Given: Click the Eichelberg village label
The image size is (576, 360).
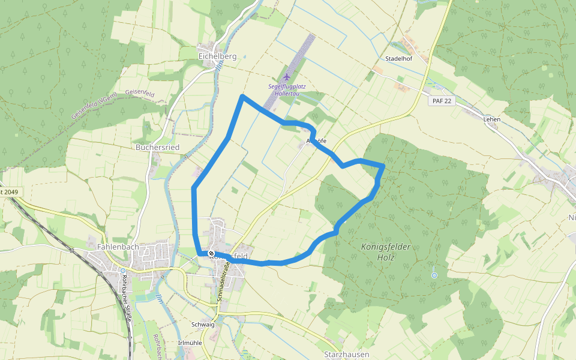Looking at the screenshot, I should tap(217, 56).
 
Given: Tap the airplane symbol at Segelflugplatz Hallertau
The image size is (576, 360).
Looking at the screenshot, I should tap(286, 76).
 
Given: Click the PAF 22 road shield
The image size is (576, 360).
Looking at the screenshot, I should tap(441, 101).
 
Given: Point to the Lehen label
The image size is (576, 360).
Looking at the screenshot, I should tap(491, 119).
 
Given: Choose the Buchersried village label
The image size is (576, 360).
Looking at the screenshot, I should tap(158, 147).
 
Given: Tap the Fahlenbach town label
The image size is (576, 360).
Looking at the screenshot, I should tap(118, 246).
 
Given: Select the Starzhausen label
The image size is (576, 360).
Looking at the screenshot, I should tap(346, 354).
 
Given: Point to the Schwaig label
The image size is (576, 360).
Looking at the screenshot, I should tap(203, 324).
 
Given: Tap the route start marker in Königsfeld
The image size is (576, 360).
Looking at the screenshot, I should tap(211, 254).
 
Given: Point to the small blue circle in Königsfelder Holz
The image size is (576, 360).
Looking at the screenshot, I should tap(434, 275).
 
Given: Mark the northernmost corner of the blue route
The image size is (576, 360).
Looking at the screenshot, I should tap(242, 96).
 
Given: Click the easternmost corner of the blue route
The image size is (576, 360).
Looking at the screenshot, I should tap(383, 165).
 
